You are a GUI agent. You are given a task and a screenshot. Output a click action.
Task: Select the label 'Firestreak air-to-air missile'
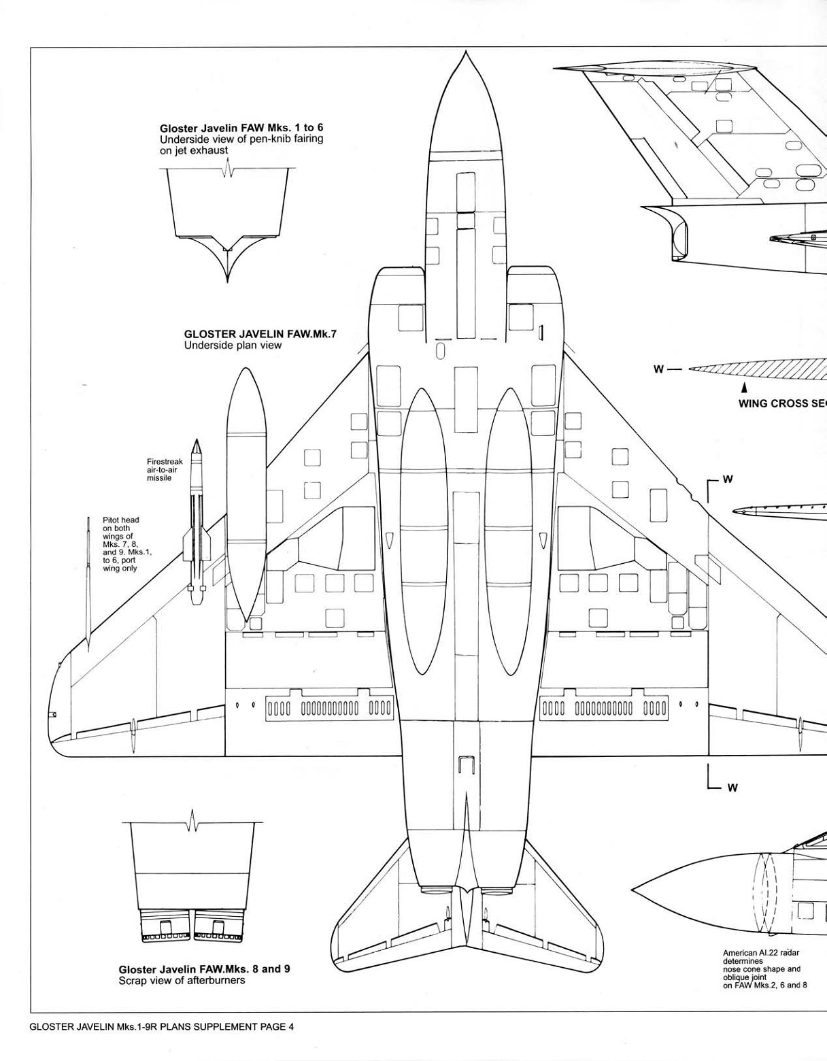165,469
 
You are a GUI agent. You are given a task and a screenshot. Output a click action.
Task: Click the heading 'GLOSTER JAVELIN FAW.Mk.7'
260,335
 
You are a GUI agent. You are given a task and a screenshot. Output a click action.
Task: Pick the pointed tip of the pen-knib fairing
228,278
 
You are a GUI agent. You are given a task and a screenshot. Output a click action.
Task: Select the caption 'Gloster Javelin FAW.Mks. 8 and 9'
204,969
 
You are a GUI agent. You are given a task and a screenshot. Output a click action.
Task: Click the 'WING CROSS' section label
782,403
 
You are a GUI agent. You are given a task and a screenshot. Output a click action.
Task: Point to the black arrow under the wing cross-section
745,387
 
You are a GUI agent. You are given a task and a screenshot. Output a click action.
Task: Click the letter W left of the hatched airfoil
658,369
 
